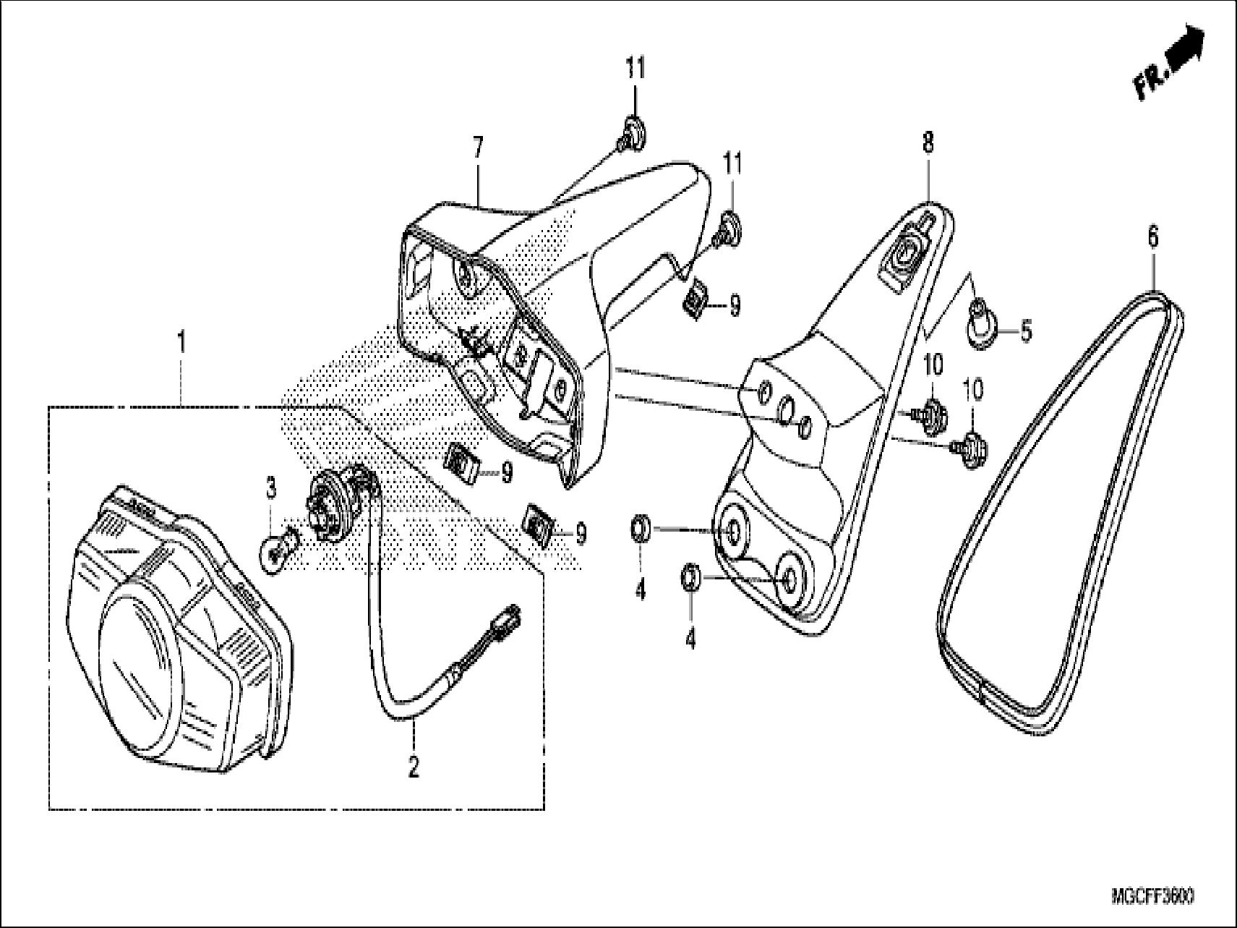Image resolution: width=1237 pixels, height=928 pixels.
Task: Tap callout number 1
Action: (181, 341)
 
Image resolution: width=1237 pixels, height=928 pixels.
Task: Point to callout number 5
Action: (1026, 333)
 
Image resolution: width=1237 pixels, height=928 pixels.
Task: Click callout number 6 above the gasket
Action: (1152, 237)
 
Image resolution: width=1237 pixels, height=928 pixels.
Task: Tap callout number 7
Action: (477, 148)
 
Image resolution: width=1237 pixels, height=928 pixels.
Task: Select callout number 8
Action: (928, 142)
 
